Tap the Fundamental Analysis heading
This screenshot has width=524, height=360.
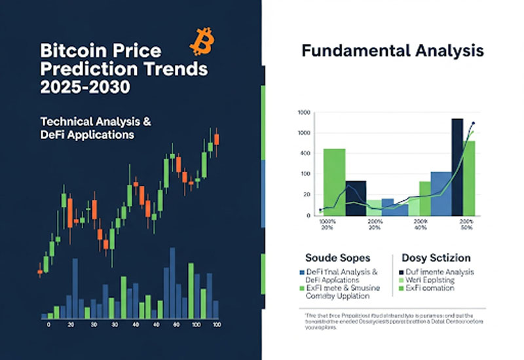click(x=392, y=50)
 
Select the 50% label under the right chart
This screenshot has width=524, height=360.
click(x=466, y=228)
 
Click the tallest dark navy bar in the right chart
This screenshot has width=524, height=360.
click(x=457, y=167)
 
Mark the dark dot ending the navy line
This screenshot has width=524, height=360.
click(x=473, y=123)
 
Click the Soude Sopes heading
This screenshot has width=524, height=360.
click(x=337, y=258)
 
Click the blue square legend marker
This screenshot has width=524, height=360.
click(x=301, y=272)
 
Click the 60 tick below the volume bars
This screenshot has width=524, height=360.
click(x=176, y=325)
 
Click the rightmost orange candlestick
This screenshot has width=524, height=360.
click(x=216, y=139)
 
